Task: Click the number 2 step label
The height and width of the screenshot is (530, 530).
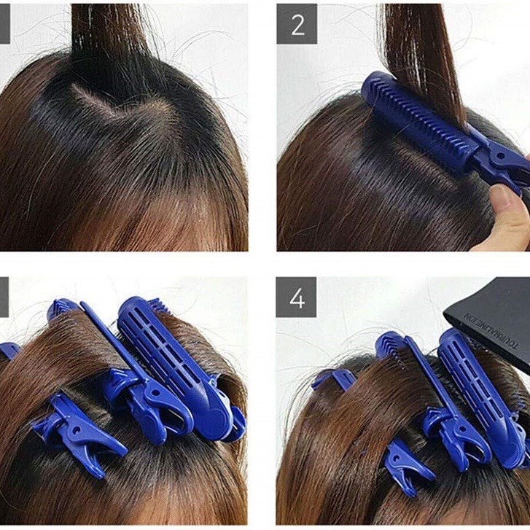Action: point(297,23)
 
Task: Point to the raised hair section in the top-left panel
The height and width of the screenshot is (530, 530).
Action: point(109,26)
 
